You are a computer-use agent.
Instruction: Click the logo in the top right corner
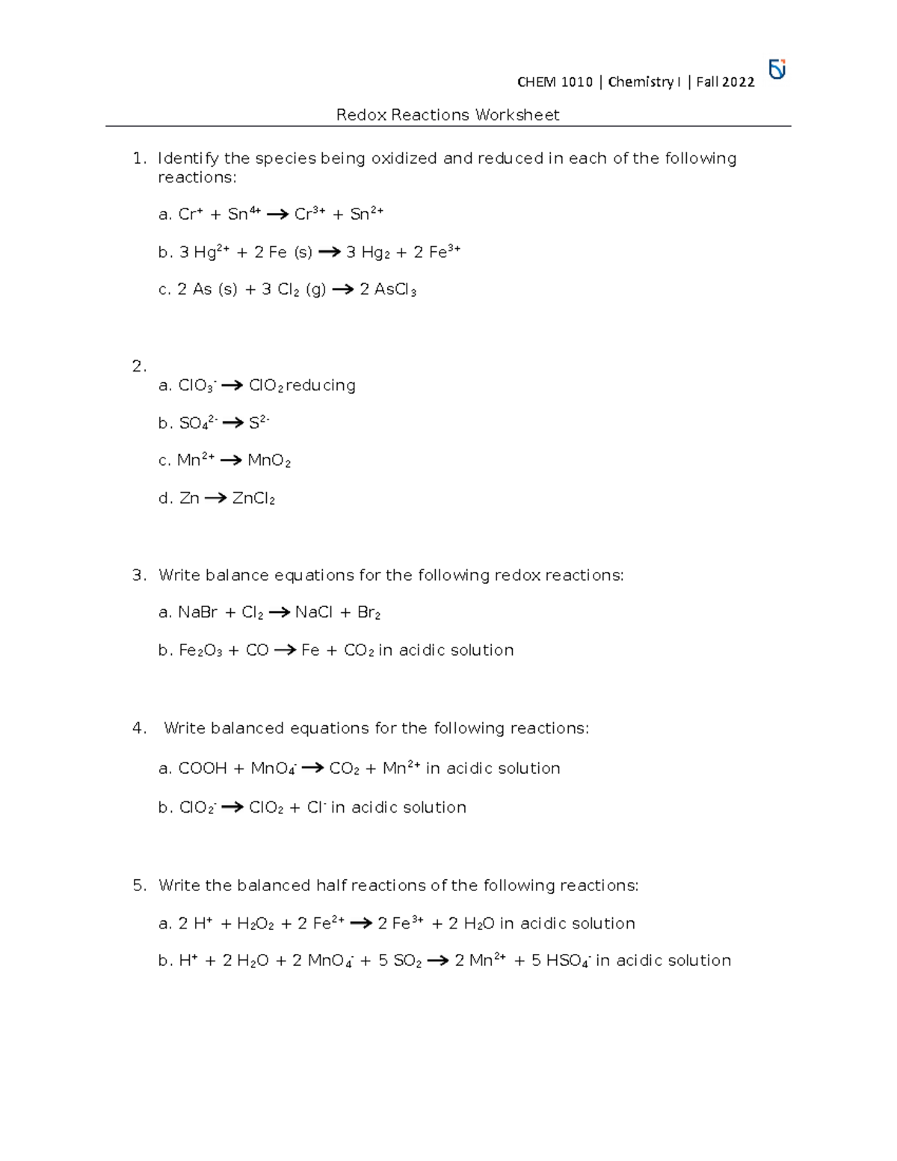pyautogui.click(x=777, y=70)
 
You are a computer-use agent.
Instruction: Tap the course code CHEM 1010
pyautogui.click(x=555, y=82)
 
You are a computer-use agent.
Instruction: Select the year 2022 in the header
pyautogui.click(x=738, y=82)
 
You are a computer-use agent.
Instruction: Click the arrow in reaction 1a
pyautogui.click(x=277, y=215)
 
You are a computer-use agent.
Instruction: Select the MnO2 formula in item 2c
pyautogui.click(x=268, y=461)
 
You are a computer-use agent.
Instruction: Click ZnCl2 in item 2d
pyautogui.click(x=253, y=499)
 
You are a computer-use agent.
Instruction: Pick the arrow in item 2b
pyautogui.click(x=233, y=423)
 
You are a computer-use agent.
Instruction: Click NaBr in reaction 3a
pyautogui.click(x=197, y=613)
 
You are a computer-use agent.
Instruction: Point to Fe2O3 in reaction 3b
pyautogui.click(x=200, y=651)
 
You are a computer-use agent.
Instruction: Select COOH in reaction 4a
pyautogui.click(x=203, y=769)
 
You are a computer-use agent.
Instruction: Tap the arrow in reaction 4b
pyautogui.click(x=232, y=807)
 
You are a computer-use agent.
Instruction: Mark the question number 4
pyautogui.click(x=138, y=729)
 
